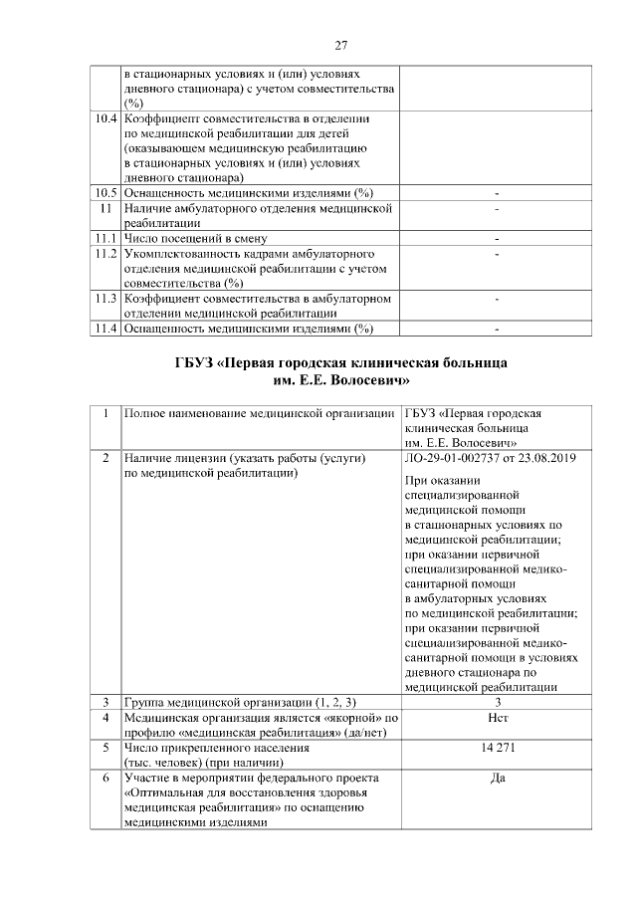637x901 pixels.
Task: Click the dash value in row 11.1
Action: (497, 239)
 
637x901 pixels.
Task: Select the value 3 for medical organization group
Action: (497, 702)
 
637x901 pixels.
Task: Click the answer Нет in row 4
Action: (497, 717)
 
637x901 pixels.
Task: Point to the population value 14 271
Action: (497, 747)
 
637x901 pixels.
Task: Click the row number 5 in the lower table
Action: (106, 747)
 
